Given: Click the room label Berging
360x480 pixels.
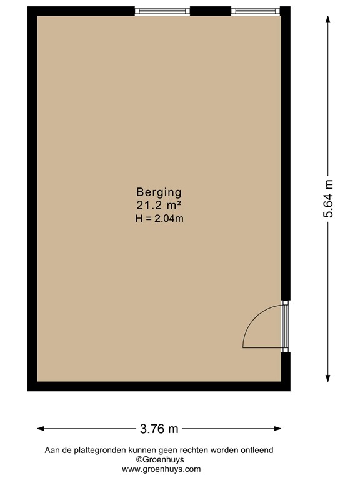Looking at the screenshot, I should [x=159, y=192].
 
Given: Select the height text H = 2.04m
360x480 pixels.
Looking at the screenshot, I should [x=159, y=218].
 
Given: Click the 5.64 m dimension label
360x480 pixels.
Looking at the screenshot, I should [x=328, y=198].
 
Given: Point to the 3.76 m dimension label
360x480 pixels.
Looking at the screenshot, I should [x=159, y=429].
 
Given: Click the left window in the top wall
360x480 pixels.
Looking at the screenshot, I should [x=162, y=11].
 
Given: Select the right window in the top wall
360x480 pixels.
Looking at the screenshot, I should [x=253, y=11].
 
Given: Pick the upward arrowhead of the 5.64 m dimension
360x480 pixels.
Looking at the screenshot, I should [x=329, y=19].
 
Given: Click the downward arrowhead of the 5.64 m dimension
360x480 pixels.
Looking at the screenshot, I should [x=329, y=377].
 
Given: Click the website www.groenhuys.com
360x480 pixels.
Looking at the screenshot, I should [x=161, y=469].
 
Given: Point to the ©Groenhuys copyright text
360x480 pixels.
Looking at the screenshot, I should [x=161, y=459].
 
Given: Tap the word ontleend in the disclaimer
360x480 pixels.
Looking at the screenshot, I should [x=257, y=450].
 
